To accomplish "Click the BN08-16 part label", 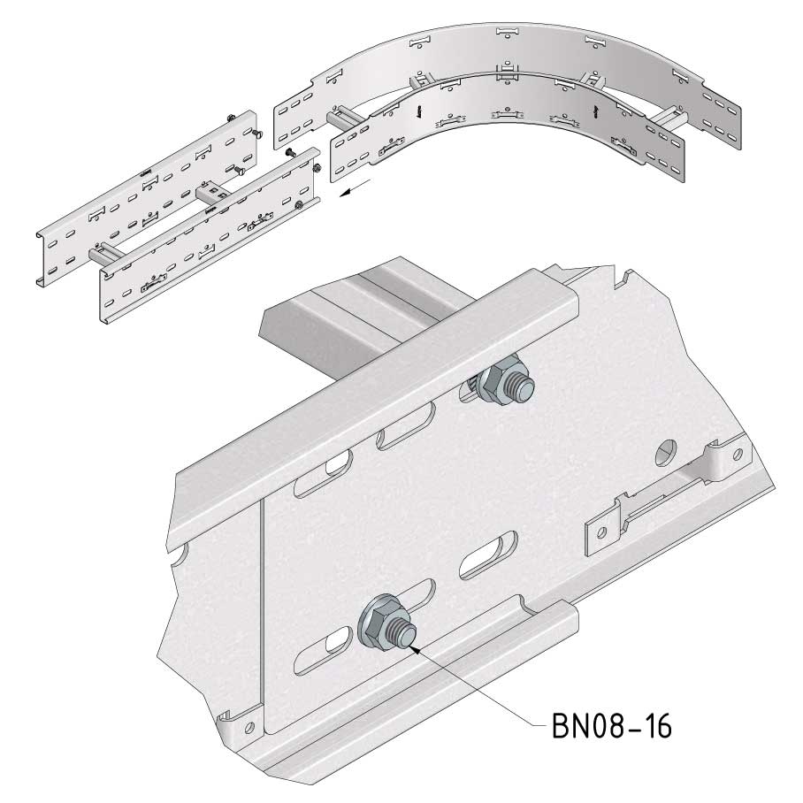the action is [x=611, y=726].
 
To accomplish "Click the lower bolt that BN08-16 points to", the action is [x=386, y=624].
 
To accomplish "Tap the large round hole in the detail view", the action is [x=666, y=452].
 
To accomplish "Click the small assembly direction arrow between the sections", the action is [x=355, y=187].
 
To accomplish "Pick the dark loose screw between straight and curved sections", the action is [x=290, y=151].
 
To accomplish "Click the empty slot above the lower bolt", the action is [x=487, y=555].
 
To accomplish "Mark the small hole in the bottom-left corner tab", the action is [x=249, y=727].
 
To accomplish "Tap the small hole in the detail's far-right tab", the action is [x=738, y=454].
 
